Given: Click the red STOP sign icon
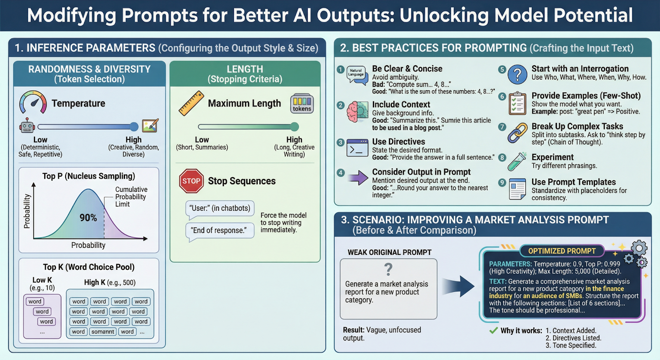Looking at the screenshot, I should [191, 181].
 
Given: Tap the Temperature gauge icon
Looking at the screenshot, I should [33, 103].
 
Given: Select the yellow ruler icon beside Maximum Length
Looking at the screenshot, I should [191, 103].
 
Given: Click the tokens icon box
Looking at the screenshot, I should [302, 104].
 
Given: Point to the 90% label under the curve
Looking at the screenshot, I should [88, 218].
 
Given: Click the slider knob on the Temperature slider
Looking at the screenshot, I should [134, 127].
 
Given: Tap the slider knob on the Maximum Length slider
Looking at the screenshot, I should [294, 127].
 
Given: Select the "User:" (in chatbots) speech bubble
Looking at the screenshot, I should [220, 209].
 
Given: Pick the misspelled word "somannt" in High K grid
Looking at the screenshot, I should [103, 332].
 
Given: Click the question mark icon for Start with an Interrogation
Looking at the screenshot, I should [517, 75].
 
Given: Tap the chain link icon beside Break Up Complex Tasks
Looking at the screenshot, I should [517, 133].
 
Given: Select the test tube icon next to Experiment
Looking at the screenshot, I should [517, 161].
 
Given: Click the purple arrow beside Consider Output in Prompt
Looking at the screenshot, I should [358, 178].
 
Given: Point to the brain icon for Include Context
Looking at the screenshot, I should [357, 112].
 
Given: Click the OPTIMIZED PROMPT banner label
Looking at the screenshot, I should [562, 251].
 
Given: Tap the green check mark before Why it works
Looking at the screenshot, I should [493, 330].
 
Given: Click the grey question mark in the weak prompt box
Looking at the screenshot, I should [388, 269].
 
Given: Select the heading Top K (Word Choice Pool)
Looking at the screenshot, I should [89, 267].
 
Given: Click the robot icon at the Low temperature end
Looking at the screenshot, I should [27, 126].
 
